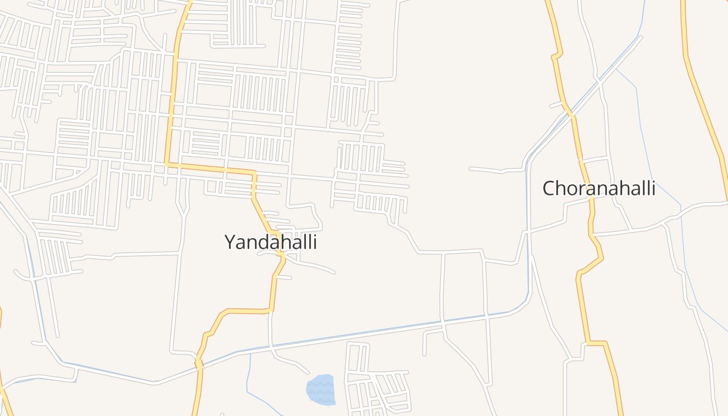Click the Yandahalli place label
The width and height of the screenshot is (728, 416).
pos(270,242)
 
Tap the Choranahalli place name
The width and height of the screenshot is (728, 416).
pos(599,188)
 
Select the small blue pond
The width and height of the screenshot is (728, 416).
pos(320,389)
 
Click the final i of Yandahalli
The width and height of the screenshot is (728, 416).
pos(315,242)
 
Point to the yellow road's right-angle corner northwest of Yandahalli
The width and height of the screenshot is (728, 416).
pos(167,164)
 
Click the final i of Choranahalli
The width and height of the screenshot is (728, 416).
pos(653,188)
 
